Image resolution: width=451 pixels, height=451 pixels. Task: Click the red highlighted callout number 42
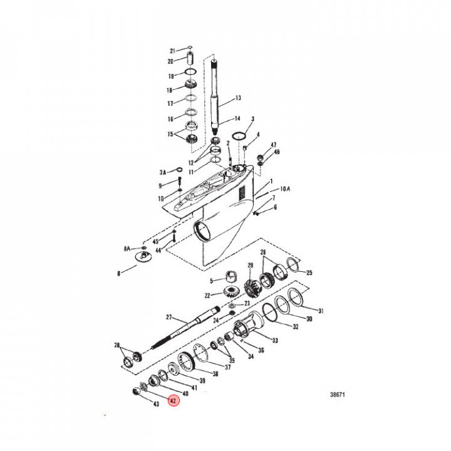173,400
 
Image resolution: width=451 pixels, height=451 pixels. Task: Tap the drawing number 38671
337,395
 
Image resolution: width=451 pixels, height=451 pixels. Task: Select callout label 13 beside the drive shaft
238,98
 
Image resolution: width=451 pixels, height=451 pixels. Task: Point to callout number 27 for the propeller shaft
169,317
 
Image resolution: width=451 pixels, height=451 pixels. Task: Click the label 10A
285,189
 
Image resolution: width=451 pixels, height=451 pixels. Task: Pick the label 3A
163,172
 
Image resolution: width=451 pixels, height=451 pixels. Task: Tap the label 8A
127,249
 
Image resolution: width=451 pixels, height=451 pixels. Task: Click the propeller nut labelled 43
136,391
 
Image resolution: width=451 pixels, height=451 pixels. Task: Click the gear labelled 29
251,288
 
